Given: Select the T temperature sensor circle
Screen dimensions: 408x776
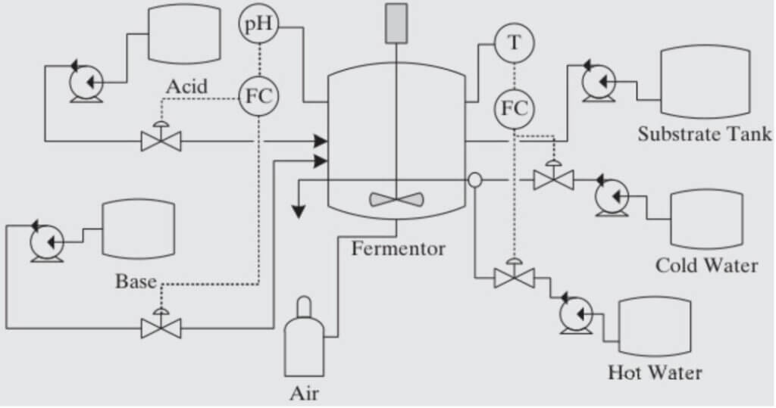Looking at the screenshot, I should (515, 42).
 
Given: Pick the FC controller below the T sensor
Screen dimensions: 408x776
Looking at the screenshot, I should (515, 108).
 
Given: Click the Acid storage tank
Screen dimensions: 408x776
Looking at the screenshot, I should (183, 34).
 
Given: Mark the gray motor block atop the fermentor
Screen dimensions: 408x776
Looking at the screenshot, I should (396, 23).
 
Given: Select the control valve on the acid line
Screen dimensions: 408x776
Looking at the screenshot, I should (161, 139).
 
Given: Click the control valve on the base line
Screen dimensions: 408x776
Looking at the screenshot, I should (161, 326).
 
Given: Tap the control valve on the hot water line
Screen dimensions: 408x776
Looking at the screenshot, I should (514, 277).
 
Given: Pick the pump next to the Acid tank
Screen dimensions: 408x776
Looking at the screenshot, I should (86, 80).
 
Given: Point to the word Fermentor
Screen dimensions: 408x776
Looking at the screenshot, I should (398, 248).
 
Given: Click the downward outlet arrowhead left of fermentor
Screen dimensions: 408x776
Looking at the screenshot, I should (299, 210).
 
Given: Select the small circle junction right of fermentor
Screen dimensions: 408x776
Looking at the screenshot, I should (474, 180).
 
